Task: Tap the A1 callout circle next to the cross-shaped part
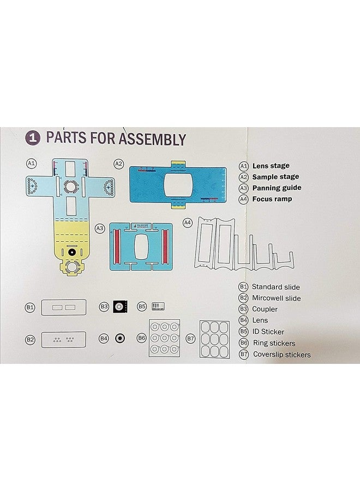pyautogui.click(x=31, y=163)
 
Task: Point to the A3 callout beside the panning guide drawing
pyautogui.click(x=100, y=228)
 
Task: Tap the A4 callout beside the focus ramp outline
pyautogui.click(x=187, y=223)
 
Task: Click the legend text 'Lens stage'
pyautogui.click(x=271, y=166)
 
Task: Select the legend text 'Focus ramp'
pyautogui.click(x=272, y=199)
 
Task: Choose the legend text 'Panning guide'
pyautogui.click(x=276, y=188)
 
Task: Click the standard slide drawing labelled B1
pyautogui.click(x=63, y=308)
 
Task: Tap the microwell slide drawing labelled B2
pyautogui.click(x=63, y=339)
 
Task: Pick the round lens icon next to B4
pyautogui.click(x=118, y=338)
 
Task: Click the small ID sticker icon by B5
pyautogui.click(x=158, y=307)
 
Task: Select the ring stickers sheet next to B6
pyautogui.click(x=165, y=338)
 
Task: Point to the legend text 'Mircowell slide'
pyautogui.click(x=276, y=298)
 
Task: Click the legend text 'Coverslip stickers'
pyautogui.click(x=281, y=355)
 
